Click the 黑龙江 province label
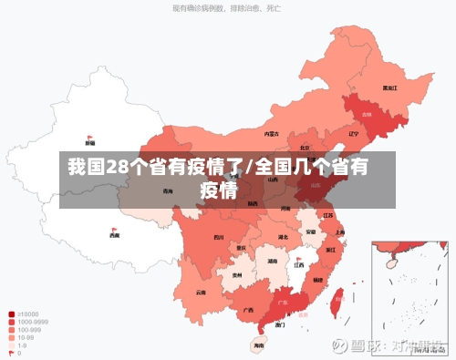point(389,88)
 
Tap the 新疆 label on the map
point(89,143)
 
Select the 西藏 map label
point(114,235)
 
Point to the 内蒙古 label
point(271,133)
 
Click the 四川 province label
point(218,237)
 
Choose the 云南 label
point(201,293)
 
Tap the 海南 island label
point(259,345)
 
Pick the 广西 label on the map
point(247,310)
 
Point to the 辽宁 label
point(353,134)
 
